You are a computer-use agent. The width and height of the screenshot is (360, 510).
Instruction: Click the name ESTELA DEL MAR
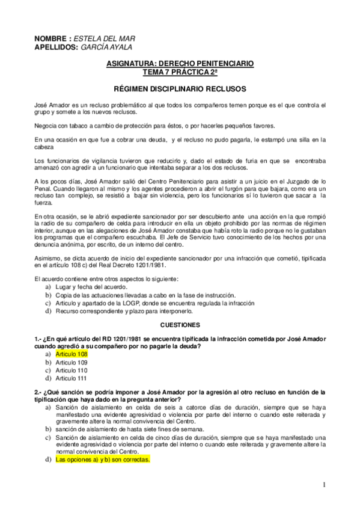102,38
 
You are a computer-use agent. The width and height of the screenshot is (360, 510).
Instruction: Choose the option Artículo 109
72,363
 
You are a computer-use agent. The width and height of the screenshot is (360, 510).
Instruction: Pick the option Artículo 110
72,370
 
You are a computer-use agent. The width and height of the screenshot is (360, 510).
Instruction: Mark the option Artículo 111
72,379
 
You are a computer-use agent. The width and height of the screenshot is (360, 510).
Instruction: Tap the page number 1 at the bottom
323,485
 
